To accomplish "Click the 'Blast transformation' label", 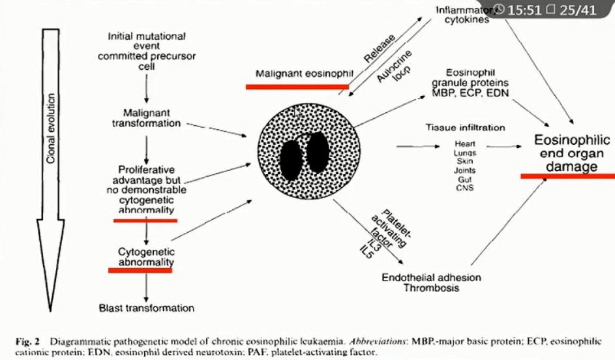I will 146,307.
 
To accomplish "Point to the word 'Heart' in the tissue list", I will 464,143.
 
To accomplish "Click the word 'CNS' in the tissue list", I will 464,188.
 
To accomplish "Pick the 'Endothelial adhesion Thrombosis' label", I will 430,282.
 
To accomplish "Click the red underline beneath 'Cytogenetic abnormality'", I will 140,270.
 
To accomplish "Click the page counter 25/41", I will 578,10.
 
